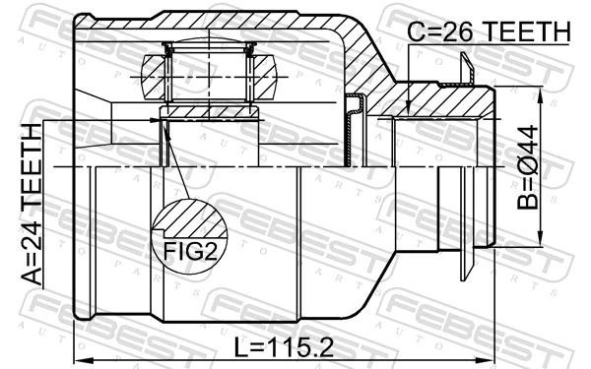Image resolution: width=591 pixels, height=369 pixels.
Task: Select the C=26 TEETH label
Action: point(488,32)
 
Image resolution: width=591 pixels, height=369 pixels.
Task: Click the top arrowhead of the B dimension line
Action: point(541,91)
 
